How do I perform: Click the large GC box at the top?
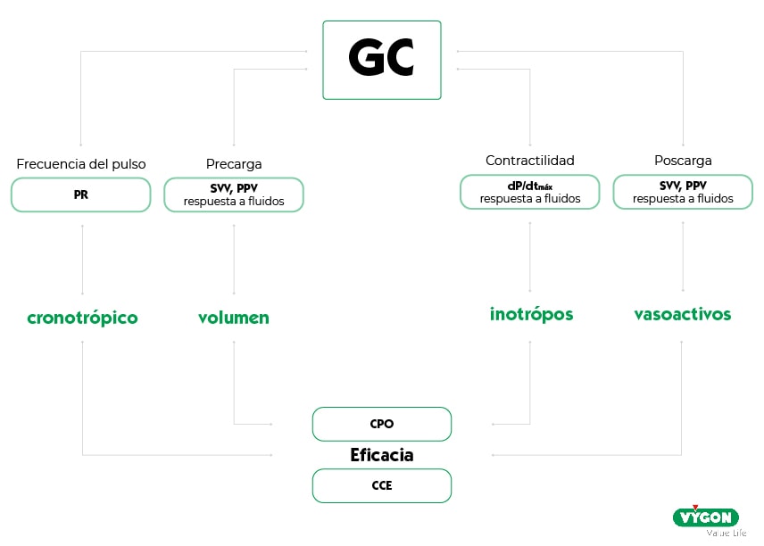(381, 60)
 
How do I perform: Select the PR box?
(81, 194)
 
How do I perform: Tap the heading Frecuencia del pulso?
(81, 164)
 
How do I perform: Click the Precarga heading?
(234, 164)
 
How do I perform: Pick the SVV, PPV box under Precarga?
(234, 194)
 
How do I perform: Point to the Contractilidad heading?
(530, 161)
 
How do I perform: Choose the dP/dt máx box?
(530, 192)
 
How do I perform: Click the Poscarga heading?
(683, 161)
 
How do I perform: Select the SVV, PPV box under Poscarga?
(683, 192)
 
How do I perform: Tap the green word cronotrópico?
(82, 318)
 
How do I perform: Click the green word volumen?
(234, 318)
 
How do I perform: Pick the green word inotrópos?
(531, 314)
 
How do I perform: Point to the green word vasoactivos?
(683, 314)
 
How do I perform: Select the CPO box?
(381, 424)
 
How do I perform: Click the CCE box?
(381, 485)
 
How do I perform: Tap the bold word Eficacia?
(381, 455)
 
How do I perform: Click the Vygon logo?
(705, 518)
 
